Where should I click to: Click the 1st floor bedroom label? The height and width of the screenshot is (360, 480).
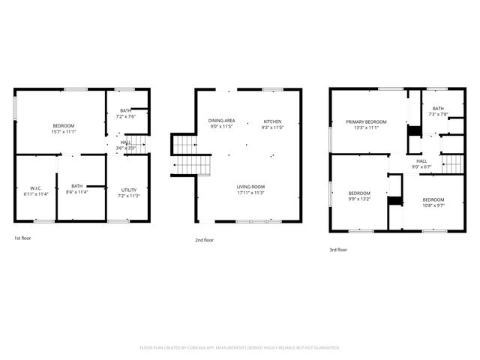[64, 128]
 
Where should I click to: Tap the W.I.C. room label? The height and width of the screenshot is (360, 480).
[39, 190]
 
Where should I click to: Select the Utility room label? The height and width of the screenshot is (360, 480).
[129, 193]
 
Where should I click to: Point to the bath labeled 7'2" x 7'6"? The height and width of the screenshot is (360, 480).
[125, 114]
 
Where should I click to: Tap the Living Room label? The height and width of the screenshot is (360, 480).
[251, 190]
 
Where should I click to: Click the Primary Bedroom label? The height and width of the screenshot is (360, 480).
[366, 124]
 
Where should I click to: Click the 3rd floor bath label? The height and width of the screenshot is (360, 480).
[437, 112]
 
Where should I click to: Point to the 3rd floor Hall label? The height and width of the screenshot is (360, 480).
[421, 163]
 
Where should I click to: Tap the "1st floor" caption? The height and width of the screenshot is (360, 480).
[23, 238]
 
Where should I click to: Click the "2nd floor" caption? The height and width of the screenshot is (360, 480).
[204, 240]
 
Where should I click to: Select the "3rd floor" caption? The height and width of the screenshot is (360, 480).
[338, 249]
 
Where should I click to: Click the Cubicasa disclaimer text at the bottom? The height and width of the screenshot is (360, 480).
[240, 347]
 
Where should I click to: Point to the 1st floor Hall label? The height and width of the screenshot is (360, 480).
[125, 145]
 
